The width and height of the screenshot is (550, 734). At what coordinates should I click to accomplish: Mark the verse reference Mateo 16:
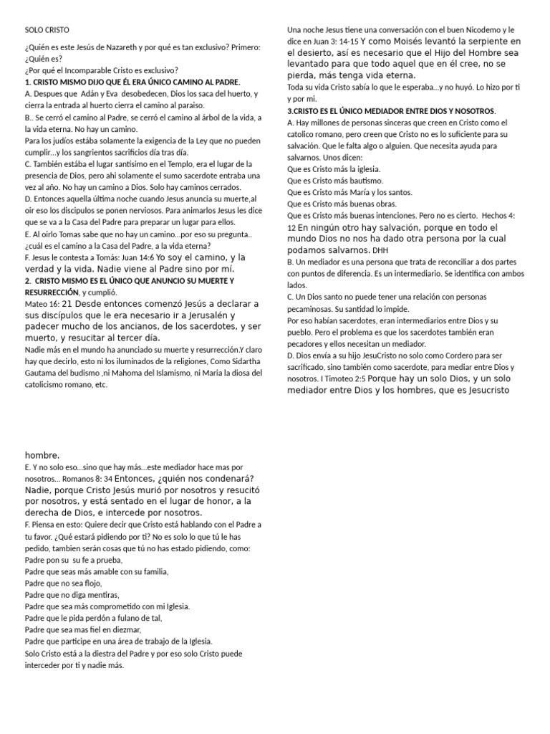click(x=43, y=303)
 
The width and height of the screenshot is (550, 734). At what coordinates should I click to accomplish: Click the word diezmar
click(x=130, y=629)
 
